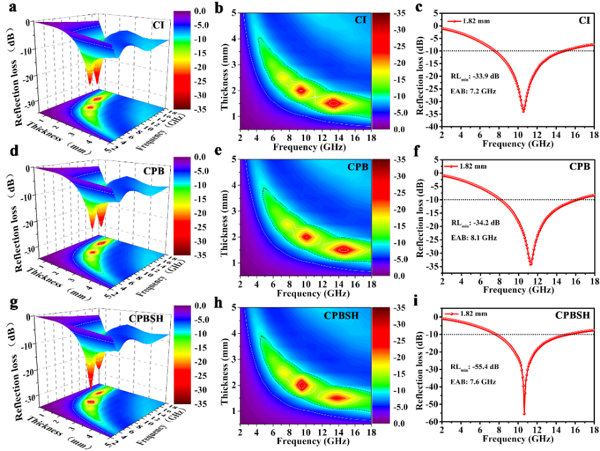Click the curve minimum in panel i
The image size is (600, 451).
click(524, 413)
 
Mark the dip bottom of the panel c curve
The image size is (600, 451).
click(523, 111)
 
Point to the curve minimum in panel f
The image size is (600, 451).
click(531, 264)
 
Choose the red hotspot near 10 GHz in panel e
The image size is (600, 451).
click(307, 237)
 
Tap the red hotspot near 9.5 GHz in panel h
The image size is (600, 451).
click(302, 385)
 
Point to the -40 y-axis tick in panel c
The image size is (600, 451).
click(431, 126)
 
